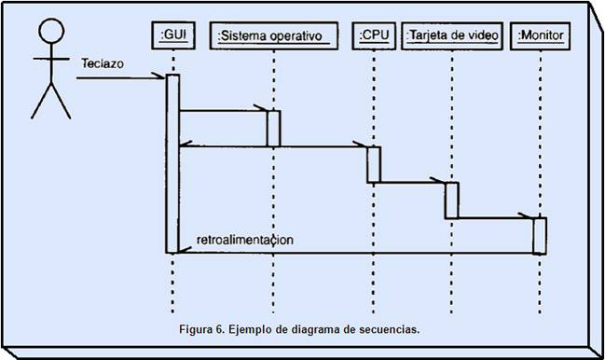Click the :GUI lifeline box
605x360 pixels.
pyautogui.click(x=172, y=35)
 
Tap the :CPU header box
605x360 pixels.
pyautogui.click(x=374, y=35)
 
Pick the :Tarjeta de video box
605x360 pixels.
pyautogui.click(x=454, y=35)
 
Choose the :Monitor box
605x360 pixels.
pyautogui.click(x=541, y=35)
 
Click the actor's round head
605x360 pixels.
pyautogui.click(x=49, y=30)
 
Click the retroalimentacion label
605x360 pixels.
pyautogui.click(x=245, y=239)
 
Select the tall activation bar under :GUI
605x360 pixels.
pyautogui.click(x=172, y=163)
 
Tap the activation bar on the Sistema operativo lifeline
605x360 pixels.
pyautogui.click(x=273, y=128)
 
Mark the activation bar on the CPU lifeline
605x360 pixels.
pyautogui.click(x=373, y=164)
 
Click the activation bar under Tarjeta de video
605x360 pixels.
pyautogui.click(x=452, y=200)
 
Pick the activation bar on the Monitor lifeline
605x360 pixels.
pyautogui.click(x=540, y=235)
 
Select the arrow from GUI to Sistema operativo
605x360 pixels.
pyautogui.click(x=224, y=111)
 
